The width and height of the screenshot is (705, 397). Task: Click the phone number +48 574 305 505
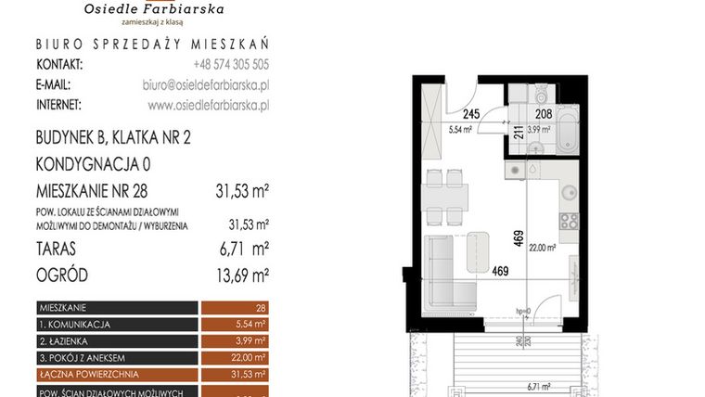[231, 64]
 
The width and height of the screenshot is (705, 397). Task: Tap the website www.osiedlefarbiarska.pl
[208, 105]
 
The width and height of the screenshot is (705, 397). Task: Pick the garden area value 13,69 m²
[237, 275]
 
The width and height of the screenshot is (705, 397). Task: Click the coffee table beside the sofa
[478, 248]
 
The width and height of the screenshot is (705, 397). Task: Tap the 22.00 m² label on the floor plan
[543, 248]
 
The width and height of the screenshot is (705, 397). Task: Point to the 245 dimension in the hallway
[471, 115]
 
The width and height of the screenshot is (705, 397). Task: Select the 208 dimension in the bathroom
[544, 115]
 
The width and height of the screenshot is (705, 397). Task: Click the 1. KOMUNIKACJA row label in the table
[76, 325]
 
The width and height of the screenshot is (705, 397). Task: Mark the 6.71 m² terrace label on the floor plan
[537, 387]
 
